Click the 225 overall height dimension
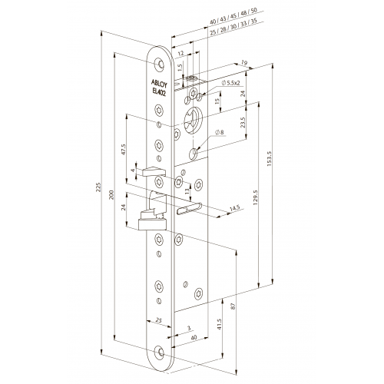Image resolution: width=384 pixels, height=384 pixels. tap(98, 187)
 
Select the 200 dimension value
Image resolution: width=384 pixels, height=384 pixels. tap(111, 195)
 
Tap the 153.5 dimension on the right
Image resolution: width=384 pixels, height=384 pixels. tap(269, 159)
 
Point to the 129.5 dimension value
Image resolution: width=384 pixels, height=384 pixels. tap(255, 197)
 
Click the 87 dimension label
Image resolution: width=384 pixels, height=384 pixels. tap(233, 306)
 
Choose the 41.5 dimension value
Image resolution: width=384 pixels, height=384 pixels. tap(219, 324)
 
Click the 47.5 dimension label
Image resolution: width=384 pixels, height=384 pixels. tap(124, 150)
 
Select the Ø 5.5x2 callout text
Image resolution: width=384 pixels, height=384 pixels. tap(231, 83)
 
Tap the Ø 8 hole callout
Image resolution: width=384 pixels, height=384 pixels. tap(220, 132)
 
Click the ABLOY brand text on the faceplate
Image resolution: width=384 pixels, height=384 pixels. tap(159, 83)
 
